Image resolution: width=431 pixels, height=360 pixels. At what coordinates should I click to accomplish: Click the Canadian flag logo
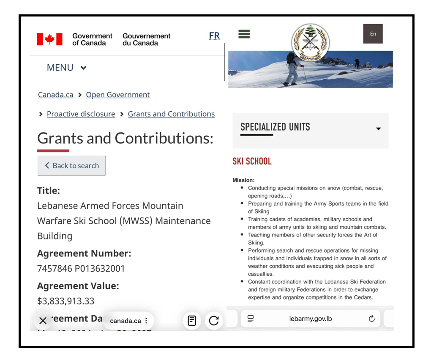tap(50, 39)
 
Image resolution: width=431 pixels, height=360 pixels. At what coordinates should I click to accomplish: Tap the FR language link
tap(214, 36)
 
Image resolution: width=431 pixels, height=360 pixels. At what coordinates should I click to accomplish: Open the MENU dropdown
tap(66, 68)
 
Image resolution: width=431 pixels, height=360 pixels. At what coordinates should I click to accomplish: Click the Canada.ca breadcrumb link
tap(55, 95)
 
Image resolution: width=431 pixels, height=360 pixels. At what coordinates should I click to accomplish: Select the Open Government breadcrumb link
tap(118, 95)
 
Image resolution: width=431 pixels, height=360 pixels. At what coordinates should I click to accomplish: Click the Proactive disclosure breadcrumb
tap(81, 114)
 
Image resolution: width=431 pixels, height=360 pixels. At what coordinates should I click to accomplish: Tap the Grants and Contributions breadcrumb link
tap(171, 114)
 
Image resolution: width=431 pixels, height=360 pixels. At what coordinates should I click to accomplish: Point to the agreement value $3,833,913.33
tap(66, 301)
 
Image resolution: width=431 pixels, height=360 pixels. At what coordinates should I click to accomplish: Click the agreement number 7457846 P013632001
tap(81, 269)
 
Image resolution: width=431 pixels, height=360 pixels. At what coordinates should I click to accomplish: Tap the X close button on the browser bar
tap(43, 321)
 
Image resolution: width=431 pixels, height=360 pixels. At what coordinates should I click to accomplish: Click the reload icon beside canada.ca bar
tap(214, 321)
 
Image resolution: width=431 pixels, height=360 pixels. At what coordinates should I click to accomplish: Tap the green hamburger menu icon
tap(244, 34)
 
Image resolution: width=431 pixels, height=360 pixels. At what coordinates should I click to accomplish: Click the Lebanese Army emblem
tap(310, 42)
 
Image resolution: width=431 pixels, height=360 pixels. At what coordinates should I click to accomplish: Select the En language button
tap(373, 34)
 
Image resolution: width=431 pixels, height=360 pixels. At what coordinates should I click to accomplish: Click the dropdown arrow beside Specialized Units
tap(378, 129)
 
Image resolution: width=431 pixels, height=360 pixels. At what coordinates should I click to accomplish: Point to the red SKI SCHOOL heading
tap(252, 161)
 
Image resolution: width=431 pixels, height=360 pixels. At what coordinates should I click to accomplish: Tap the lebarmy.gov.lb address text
tap(311, 319)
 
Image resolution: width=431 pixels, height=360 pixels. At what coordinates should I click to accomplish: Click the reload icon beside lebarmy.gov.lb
tap(372, 319)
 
